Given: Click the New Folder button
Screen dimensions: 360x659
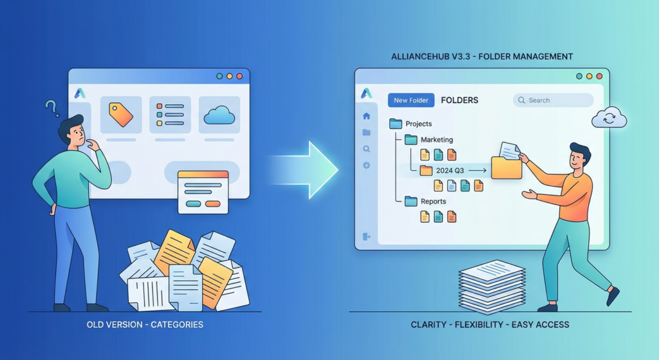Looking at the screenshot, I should (x=411, y=100).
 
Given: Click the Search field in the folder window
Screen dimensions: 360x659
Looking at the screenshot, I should (x=553, y=100).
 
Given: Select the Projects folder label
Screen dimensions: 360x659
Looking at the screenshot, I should (x=418, y=124).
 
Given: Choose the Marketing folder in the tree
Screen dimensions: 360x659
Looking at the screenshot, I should (x=436, y=140).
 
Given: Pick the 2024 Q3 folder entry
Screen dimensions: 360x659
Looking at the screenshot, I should (x=449, y=171).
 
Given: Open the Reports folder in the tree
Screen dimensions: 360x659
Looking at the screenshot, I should (x=433, y=202).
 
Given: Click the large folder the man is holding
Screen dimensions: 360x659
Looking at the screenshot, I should (x=506, y=167).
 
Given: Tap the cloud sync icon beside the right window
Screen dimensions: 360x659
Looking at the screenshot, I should (x=609, y=118).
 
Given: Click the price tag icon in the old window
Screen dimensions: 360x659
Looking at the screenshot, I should (x=120, y=115).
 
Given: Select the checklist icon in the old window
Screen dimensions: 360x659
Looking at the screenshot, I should (x=170, y=115).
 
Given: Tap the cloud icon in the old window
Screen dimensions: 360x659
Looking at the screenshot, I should (x=219, y=116).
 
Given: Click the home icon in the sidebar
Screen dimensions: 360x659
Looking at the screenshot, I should (x=366, y=117).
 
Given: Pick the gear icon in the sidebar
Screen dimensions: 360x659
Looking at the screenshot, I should (x=366, y=166).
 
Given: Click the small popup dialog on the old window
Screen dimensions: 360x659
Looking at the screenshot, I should (x=203, y=191).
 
